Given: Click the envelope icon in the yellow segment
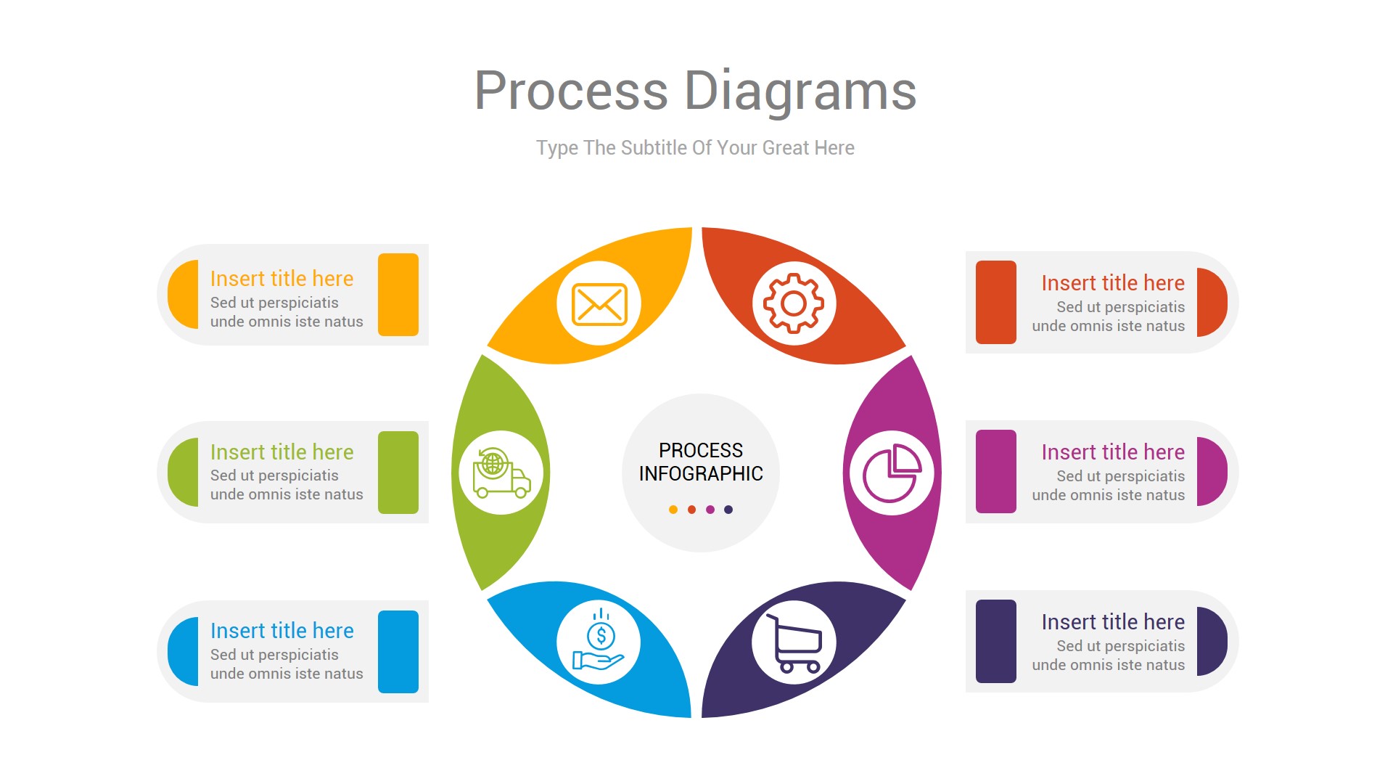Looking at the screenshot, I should point(599,303).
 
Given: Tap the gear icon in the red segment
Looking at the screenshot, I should point(794,303).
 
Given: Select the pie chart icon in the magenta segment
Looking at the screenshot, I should point(892,473).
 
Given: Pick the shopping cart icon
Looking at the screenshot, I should point(794,643).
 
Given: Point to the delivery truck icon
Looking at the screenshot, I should point(501,473).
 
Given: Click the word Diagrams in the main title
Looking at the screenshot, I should point(800,91).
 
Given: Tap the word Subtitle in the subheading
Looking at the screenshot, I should point(654,148).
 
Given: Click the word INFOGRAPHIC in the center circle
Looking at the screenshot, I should point(701,474).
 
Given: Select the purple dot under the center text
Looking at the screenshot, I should point(710,510).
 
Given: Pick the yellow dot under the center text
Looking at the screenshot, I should point(673,510).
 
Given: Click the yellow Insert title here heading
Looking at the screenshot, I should point(282,279).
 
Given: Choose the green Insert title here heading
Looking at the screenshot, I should point(282,452).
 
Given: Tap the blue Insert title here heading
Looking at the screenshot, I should point(282,631).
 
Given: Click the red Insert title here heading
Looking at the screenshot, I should point(1112,283).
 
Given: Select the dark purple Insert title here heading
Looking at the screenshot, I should point(1112,622).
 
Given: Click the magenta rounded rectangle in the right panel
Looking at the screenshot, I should point(995,472).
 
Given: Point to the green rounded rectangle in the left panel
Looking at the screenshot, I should point(398,473).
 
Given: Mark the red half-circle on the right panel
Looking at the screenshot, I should point(1211,303).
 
